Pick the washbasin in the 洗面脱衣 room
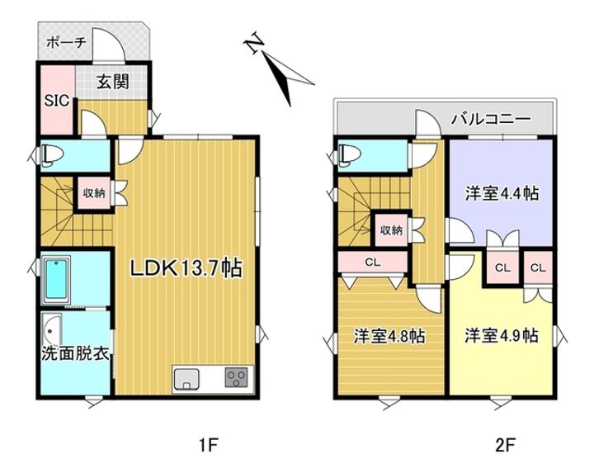click(52, 328)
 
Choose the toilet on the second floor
click(349, 154)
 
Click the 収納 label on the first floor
click(93, 193)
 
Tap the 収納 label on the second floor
click(391, 230)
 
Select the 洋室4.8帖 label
click(389, 337)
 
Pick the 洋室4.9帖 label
click(501, 337)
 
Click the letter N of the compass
click(257, 43)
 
